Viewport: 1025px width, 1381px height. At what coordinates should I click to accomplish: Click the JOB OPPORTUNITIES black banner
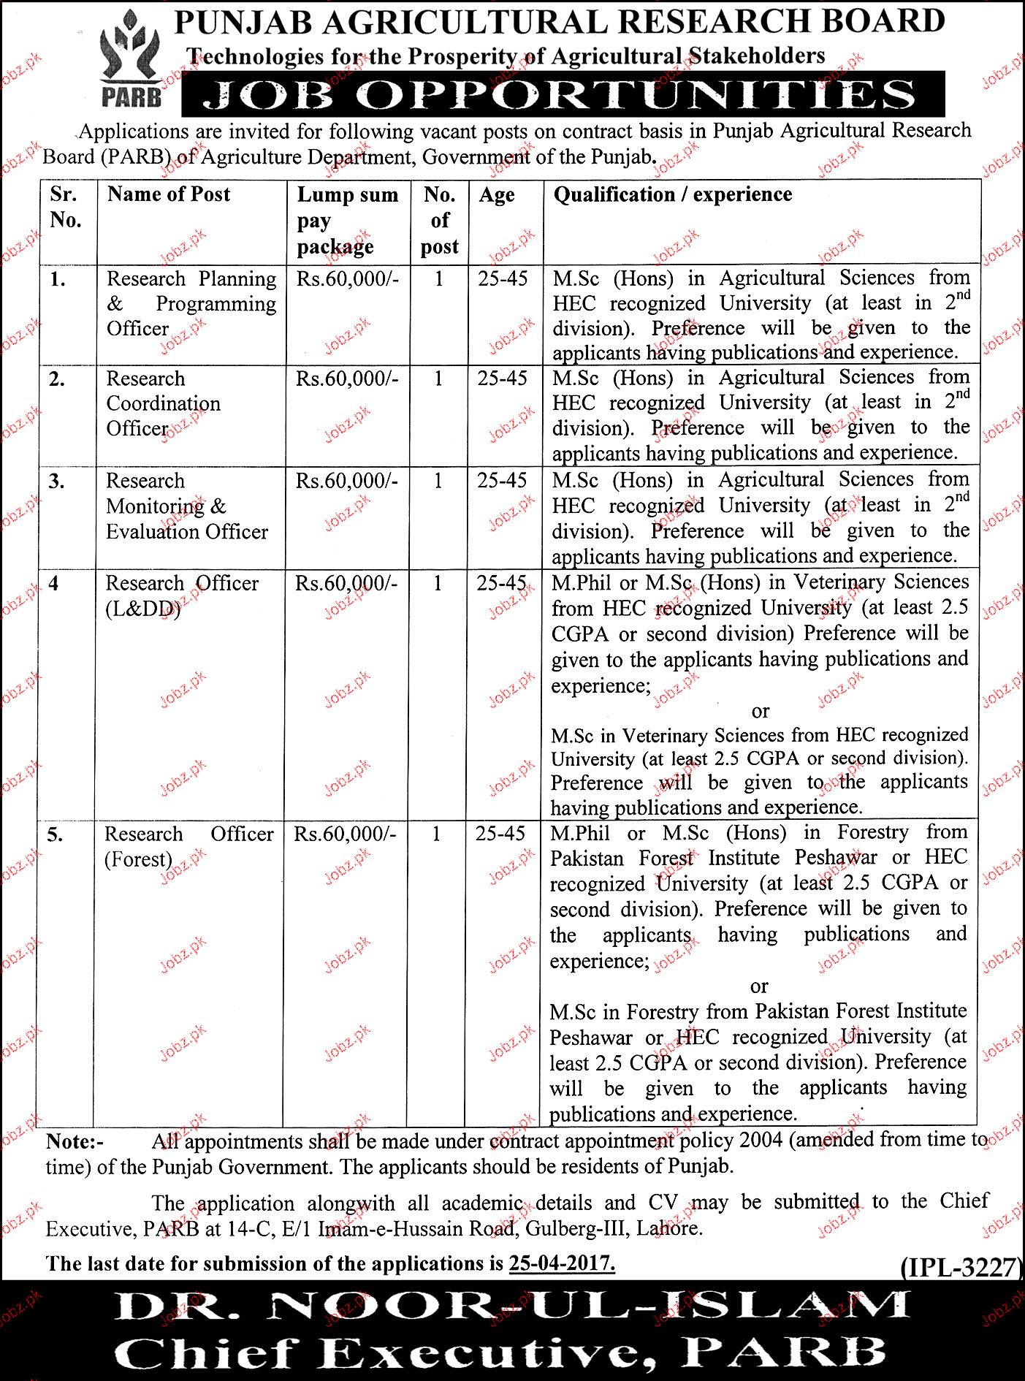(x=563, y=95)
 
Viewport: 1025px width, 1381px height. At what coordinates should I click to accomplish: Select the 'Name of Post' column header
(x=169, y=194)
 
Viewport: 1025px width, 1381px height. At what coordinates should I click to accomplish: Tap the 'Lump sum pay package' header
(x=347, y=221)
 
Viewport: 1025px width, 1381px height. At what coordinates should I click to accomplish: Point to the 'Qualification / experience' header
(x=672, y=194)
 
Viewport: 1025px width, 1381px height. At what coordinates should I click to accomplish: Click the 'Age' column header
(x=497, y=195)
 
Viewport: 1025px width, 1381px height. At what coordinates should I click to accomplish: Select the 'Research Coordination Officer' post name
(x=164, y=403)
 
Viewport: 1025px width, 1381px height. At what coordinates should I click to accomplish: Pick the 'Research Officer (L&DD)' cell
(x=182, y=596)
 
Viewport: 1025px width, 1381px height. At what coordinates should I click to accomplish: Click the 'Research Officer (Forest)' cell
(x=188, y=846)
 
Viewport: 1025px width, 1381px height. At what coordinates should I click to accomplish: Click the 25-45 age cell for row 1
(x=503, y=278)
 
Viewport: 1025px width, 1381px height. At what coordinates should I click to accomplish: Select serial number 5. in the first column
(x=55, y=834)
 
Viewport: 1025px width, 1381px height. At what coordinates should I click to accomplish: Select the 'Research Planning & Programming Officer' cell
(x=191, y=303)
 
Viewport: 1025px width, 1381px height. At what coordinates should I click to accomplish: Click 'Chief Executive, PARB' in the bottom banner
(x=500, y=1352)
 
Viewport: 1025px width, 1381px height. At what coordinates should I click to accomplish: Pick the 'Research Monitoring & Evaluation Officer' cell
(x=187, y=506)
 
